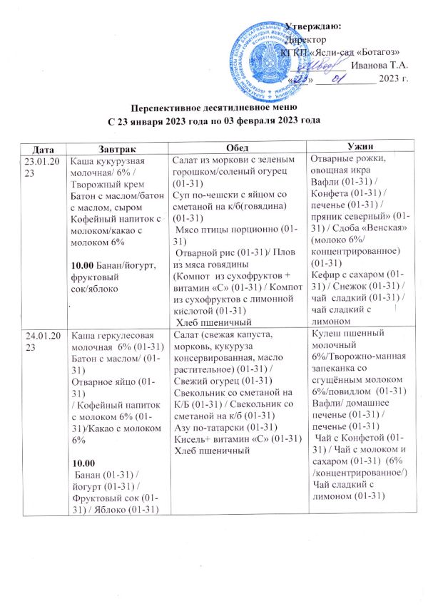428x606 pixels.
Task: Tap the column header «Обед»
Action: tap(238, 145)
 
